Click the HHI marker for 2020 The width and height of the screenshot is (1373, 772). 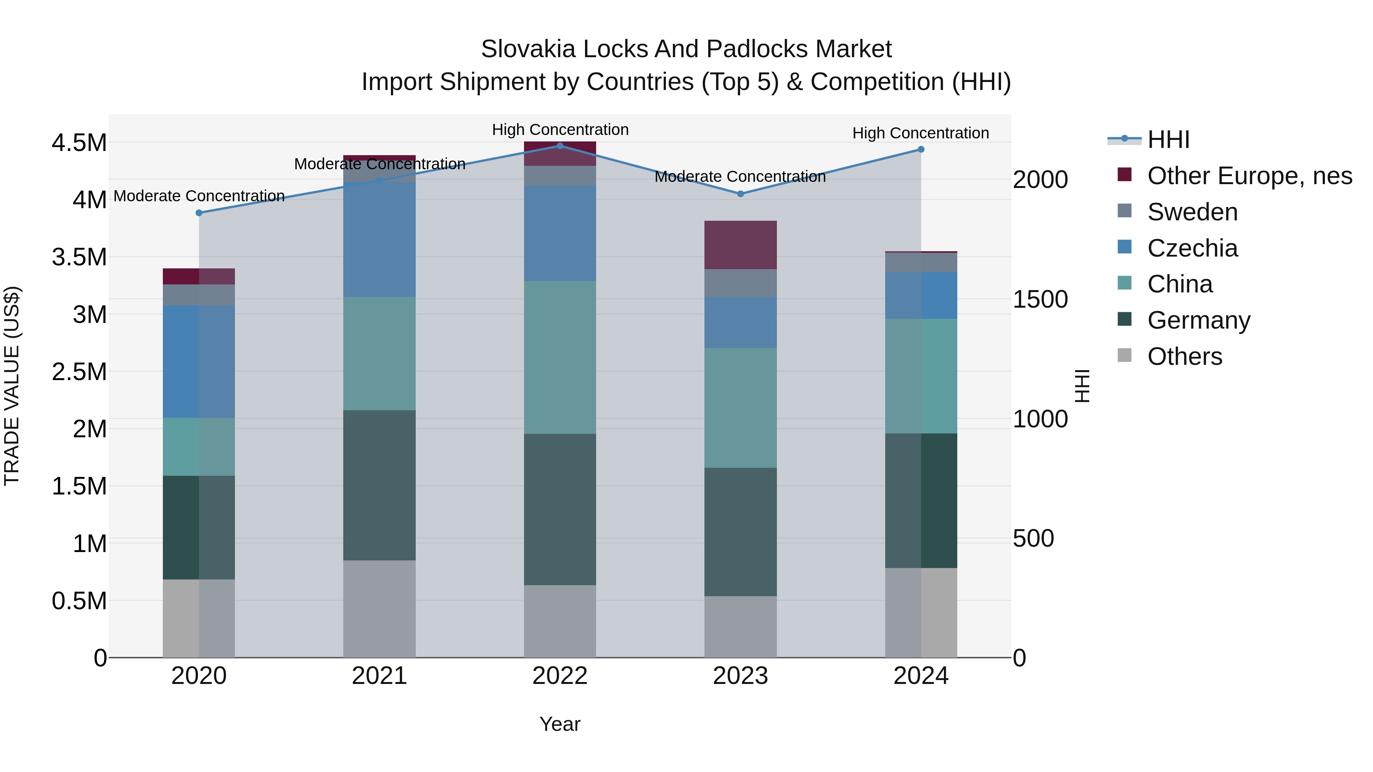(x=199, y=213)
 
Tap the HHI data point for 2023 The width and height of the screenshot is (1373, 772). (x=740, y=194)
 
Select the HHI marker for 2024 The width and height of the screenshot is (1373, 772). (x=921, y=150)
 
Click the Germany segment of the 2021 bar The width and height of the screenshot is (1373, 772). (x=379, y=485)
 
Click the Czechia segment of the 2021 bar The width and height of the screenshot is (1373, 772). (x=379, y=240)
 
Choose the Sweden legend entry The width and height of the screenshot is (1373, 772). (x=1192, y=212)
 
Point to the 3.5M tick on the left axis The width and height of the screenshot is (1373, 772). (x=79, y=257)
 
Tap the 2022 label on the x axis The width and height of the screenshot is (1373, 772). (x=559, y=676)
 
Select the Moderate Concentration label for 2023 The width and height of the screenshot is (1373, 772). (x=740, y=177)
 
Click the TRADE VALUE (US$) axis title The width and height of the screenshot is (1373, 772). (x=12, y=386)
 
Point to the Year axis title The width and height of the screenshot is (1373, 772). (x=559, y=724)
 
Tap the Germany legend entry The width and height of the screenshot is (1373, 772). (x=1199, y=320)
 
